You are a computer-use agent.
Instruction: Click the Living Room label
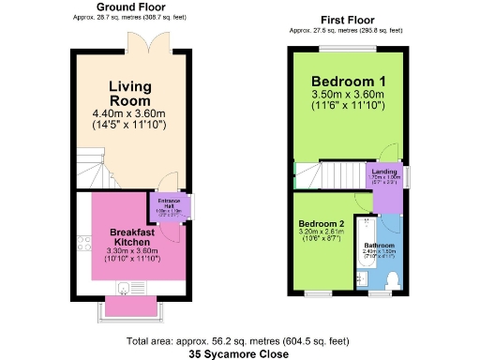(x=129, y=94)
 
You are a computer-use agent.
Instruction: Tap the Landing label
(x=384, y=171)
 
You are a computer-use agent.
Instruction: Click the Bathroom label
(x=378, y=246)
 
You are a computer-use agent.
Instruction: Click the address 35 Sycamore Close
(x=239, y=354)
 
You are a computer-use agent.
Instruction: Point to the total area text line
(x=239, y=341)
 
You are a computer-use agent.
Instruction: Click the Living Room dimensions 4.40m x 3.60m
(x=129, y=112)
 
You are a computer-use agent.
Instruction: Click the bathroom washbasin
(x=362, y=277)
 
